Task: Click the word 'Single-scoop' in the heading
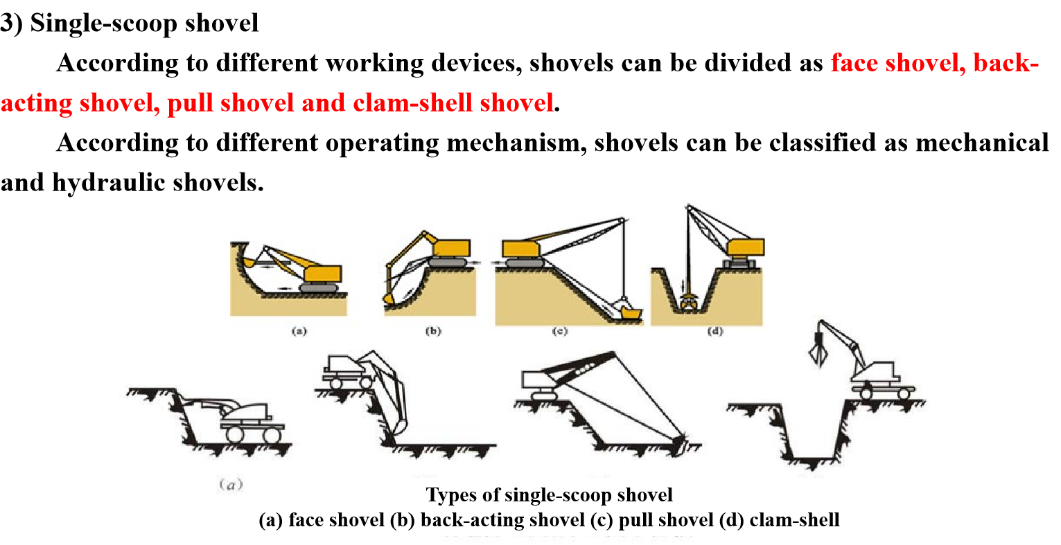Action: pyautogui.click(x=104, y=24)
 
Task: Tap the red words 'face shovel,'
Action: pyautogui.click(x=898, y=63)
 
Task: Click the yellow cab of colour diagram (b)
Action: pyautogui.click(x=452, y=248)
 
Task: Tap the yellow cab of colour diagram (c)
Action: pyautogui.click(x=520, y=249)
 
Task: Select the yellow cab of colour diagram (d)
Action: pyautogui.click(x=746, y=247)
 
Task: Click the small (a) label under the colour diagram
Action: pyautogui.click(x=299, y=331)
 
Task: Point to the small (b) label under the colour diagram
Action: pyautogui.click(x=433, y=331)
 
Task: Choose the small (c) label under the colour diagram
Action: pyautogui.click(x=560, y=331)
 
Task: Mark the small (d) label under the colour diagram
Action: pyautogui.click(x=715, y=331)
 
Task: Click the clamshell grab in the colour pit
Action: pyautogui.click(x=688, y=302)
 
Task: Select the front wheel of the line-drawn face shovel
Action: pyautogui.click(x=234, y=434)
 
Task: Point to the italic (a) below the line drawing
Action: pyautogui.click(x=231, y=484)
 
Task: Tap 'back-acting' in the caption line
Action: pyautogui.click(x=502, y=520)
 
